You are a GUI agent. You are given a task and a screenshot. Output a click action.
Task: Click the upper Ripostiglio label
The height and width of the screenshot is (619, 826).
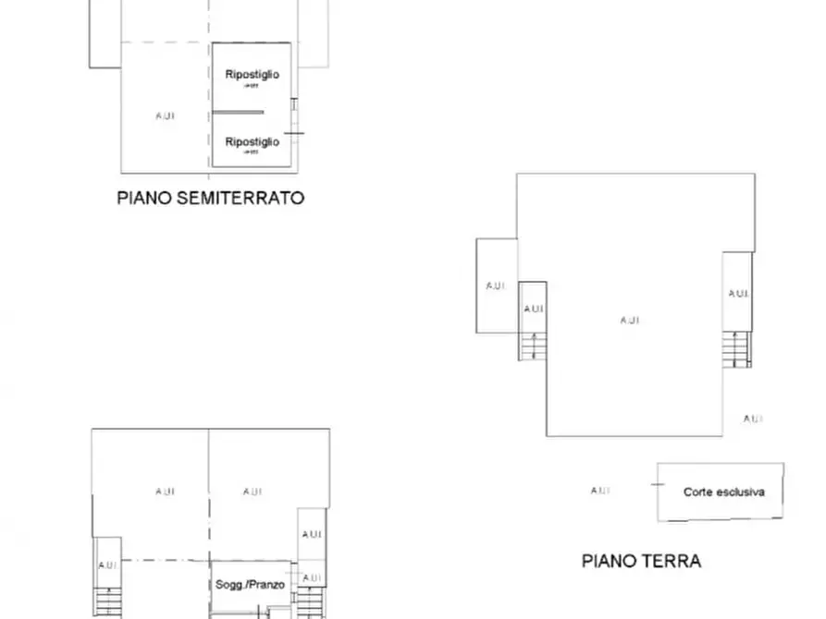point(252,75)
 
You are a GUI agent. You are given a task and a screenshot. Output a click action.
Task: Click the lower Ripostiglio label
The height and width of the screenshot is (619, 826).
point(252,142)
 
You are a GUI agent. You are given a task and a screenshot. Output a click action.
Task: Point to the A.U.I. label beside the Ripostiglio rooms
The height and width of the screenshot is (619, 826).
point(166,115)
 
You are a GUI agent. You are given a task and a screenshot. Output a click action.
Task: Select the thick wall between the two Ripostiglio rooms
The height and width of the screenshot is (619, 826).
point(239,113)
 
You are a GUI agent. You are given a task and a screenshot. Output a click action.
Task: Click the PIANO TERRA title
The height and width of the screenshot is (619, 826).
point(641,561)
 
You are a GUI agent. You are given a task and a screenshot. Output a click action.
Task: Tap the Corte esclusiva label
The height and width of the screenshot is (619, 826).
point(723,492)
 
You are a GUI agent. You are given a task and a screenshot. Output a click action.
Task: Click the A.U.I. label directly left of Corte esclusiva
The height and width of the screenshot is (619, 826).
point(599,491)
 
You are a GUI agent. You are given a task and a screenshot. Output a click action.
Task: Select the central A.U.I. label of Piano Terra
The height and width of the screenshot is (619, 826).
point(629,321)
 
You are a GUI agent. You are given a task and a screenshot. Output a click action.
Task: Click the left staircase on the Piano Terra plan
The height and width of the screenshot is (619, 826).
point(532,346)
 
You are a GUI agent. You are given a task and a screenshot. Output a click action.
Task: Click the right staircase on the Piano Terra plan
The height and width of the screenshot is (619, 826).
point(737,349)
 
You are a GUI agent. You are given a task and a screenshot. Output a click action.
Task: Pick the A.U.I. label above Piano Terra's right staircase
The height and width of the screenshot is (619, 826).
point(738,294)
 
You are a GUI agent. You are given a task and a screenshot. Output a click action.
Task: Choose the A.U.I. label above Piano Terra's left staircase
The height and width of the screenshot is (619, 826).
point(533,309)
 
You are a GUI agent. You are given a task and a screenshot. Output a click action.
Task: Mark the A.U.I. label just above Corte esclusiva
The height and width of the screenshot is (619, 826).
point(753,419)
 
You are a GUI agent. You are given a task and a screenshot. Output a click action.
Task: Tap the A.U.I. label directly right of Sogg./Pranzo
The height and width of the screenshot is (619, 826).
point(311,578)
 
